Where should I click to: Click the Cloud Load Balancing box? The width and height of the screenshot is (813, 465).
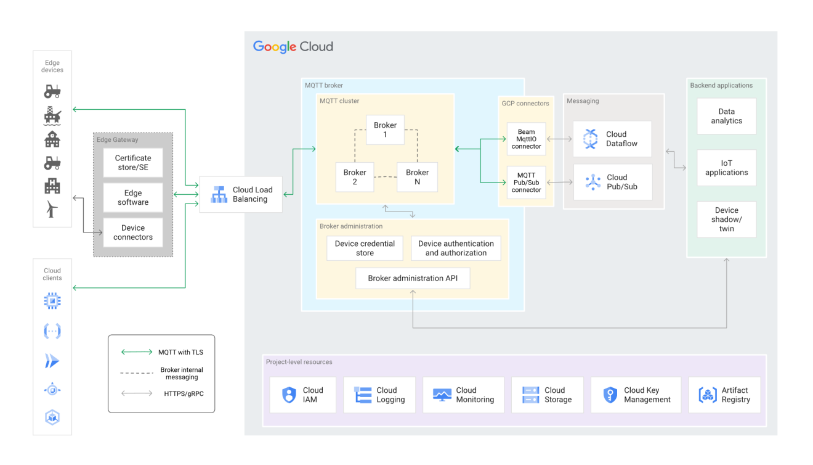pyautogui.click(x=241, y=195)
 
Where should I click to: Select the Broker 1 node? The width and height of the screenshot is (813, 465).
pyautogui.click(x=385, y=130)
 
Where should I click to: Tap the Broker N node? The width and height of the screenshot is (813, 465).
pyautogui.click(x=417, y=177)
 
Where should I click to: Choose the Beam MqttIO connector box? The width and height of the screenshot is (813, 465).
pyautogui.click(x=526, y=139)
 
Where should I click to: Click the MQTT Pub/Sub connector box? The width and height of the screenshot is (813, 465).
pyautogui.click(x=526, y=183)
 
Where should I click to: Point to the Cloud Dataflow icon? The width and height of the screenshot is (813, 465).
pyautogui.click(x=591, y=139)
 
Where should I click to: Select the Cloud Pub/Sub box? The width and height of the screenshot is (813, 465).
pyautogui.click(x=612, y=182)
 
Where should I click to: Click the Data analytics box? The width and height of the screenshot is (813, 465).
pyautogui.click(x=726, y=117)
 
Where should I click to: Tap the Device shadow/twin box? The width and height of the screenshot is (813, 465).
pyautogui.click(x=726, y=220)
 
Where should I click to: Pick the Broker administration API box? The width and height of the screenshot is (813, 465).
pyautogui.click(x=413, y=278)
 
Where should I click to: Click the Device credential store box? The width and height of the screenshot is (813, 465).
pyautogui.click(x=365, y=248)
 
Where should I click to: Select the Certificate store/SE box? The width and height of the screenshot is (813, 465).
pyautogui.click(x=133, y=163)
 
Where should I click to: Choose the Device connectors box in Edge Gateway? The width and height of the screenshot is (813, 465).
pyautogui.click(x=133, y=232)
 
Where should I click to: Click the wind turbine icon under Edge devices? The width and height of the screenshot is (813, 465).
pyautogui.click(x=52, y=209)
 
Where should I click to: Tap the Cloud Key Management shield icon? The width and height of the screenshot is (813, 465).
pyautogui.click(x=610, y=395)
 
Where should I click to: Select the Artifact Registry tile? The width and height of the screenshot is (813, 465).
pyautogui.click(x=724, y=395)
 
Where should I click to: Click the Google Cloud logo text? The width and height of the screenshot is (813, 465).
pyautogui.click(x=293, y=47)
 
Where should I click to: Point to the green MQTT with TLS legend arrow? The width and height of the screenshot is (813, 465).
pyautogui.click(x=137, y=352)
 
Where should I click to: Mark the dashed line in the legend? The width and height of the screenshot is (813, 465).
pyautogui.click(x=137, y=373)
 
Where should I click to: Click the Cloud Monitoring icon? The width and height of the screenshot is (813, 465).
pyautogui.click(x=442, y=395)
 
